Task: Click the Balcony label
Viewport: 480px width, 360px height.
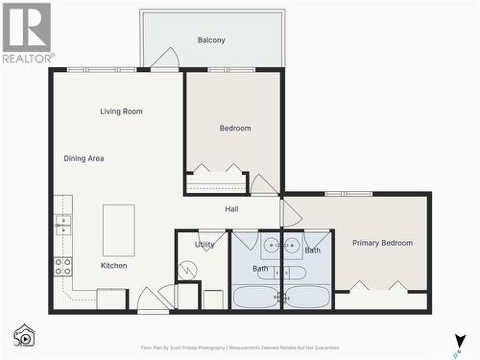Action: click(x=211, y=39)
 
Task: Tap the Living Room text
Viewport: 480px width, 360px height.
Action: click(x=121, y=111)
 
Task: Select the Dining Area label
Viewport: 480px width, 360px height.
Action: click(x=84, y=158)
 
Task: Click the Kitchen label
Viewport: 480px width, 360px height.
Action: click(x=114, y=265)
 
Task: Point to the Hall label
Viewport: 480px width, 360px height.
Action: click(x=231, y=209)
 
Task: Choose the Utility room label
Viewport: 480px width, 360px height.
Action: click(x=204, y=245)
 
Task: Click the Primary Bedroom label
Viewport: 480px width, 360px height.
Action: click(x=382, y=243)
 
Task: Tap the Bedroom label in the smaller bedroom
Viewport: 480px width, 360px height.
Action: click(x=235, y=128)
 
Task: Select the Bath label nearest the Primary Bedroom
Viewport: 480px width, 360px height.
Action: click(x=313, y=251)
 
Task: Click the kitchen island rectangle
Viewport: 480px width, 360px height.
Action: click(x=119, y=229)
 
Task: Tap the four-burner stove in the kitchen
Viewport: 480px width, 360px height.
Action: click(x=62, y=267)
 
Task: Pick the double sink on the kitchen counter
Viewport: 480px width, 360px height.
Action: click(x=62, y=226)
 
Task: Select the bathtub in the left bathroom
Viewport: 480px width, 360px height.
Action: click(x=256, y=297)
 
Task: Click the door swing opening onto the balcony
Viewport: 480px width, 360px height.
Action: click(x=165, y=59)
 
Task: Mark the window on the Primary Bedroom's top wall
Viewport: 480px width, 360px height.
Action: click(x=348, y=194)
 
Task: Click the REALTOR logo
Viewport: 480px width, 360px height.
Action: click(x=26, y=33)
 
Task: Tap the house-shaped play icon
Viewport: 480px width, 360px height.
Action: click(x=24, y=336)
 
